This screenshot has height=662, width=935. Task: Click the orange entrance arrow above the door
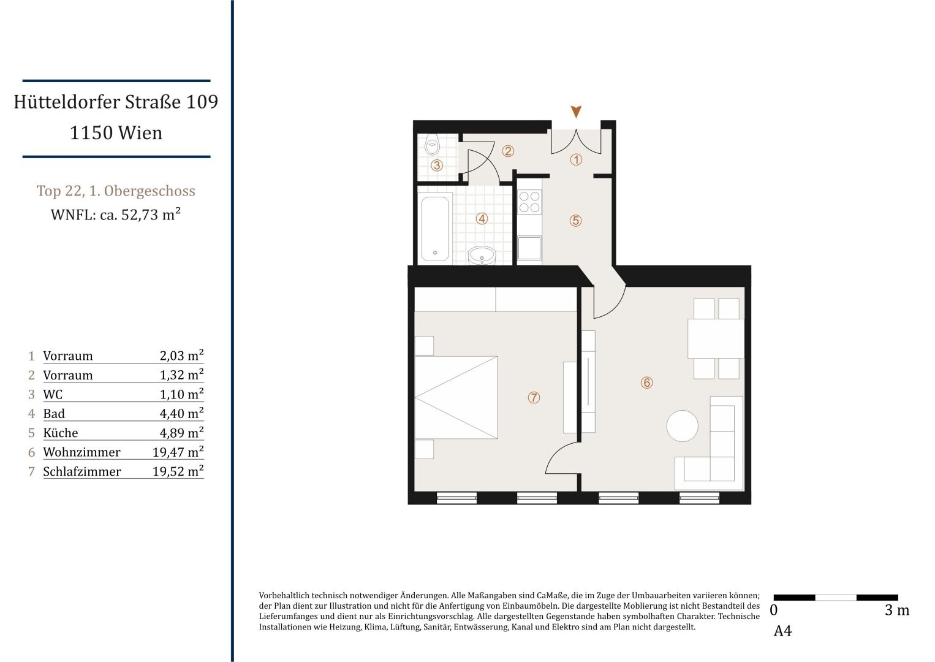tap(576, 112)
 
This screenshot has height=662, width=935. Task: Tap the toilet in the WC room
tap(432, 145)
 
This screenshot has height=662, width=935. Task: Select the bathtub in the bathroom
tap(435, 229)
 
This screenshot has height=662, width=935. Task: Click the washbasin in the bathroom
tap(482, 256)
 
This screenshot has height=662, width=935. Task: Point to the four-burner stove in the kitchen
tap(529, 202)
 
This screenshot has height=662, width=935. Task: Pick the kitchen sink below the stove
tap(529, 248)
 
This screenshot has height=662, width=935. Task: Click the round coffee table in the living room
tap(682, 425)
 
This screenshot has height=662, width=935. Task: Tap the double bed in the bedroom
tap(456, 397)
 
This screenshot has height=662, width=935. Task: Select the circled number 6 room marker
tap(646, 382)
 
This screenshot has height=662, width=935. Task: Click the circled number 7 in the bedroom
tap(534, 397)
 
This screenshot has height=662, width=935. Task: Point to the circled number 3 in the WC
tap(437, 165)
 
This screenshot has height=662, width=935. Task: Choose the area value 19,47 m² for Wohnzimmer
tap(178, 452)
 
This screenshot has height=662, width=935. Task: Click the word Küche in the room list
tap(61, 433)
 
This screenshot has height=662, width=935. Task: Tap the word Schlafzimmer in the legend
tap(82, 471)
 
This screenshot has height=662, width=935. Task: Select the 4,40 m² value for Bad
tap(181, 413)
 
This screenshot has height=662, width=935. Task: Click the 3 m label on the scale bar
tap(897, 611)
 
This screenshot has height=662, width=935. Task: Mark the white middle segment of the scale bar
tap(836, 598)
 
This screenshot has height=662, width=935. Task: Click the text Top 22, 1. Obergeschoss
tap(116, 191)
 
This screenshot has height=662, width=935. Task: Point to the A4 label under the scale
tap(782, 631)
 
